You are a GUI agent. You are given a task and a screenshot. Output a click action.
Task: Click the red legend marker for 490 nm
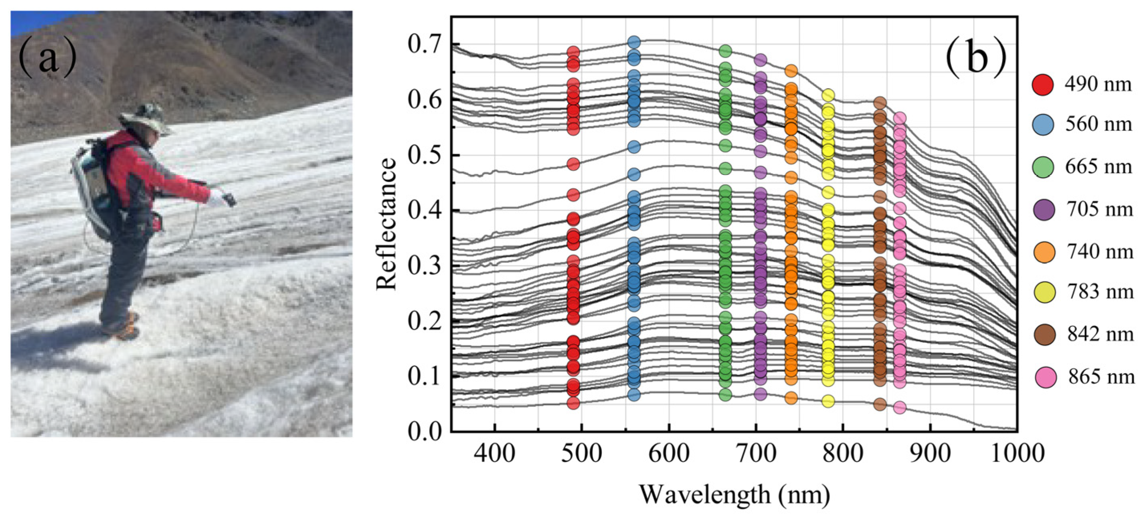coord(1042,85)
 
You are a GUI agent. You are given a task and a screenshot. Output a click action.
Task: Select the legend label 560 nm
coord(1098,124)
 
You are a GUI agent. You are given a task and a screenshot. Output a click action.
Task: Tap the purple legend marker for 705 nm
coord(1042,209)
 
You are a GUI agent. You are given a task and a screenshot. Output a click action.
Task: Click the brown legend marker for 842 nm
coord(1044,334)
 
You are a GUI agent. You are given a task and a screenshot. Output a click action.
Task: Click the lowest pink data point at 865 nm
coord(900,408)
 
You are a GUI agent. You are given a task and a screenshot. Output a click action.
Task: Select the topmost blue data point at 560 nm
coord(634,42)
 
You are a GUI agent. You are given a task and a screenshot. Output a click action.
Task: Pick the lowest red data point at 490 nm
coord(573,403)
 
